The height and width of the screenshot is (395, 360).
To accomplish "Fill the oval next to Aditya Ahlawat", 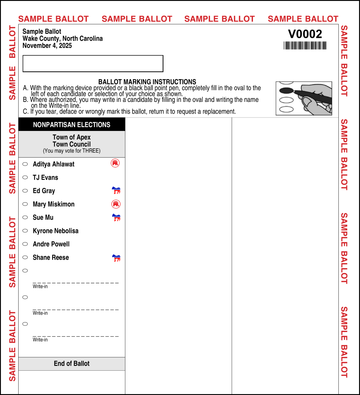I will (x=25, y=164).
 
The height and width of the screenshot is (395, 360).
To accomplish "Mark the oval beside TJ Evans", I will (x=25, y=177).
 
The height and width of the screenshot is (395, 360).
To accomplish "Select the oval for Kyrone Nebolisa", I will (x=25, y=231).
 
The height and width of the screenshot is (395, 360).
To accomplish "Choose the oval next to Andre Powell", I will (x=25, y=244).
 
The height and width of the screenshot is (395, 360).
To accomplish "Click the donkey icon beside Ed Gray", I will (x=116, y=190).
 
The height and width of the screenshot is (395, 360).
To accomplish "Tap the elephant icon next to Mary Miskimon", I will (x=116, y=204).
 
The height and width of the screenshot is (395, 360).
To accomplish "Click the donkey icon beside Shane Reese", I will (x=116, y=258).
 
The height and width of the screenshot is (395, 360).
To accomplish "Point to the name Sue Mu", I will (x=43, y=218).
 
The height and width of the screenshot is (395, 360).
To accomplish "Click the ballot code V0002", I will (x=305, y=34).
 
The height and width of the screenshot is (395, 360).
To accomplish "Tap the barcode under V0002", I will (x=305, y=46).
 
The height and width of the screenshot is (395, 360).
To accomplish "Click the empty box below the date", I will (x=93, y=64).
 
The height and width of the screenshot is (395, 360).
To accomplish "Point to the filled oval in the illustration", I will (x=286, y=91).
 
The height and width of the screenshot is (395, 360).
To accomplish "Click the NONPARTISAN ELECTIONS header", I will (x=72, y=125).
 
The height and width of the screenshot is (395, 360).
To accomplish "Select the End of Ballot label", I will (x=72, y=364).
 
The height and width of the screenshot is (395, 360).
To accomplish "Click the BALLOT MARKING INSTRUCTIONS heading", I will (x=147, y=82).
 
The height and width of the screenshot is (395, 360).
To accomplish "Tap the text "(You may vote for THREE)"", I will (x=72, y=151).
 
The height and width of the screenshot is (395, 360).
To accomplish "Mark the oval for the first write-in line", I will (x=25, y=271).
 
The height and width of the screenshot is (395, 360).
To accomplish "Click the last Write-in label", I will (x=40, y=340).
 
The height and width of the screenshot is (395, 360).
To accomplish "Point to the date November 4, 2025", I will (x=47, y=46).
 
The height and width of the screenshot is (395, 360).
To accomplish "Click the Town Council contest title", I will (x=72, y=144).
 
